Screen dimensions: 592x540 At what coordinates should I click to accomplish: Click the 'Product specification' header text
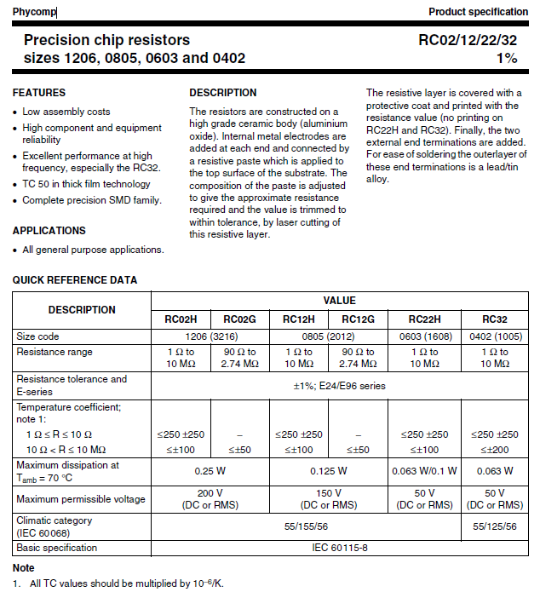pyautogui.click(x=478, y=12)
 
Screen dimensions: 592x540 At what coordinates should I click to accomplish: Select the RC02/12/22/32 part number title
pyautogui.click(x=467, y=40)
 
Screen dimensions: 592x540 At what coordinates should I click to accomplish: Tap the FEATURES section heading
pyautogui.click(x=39, y=92)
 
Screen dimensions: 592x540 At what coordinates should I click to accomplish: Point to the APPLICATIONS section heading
pyautogui.click(x=49, y=231)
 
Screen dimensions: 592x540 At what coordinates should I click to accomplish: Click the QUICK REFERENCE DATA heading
pyautogui.click(x=75, y=280)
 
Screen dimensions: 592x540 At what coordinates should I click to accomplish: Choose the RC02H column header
pyautogui.click(x=181, y=319)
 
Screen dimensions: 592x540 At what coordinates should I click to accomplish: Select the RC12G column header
pyautogui.click(x=358, y=319)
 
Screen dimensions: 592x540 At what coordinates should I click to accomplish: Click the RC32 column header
pyautogui.click(x=494, y=319)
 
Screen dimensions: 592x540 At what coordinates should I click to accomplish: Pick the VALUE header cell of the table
pyautogui.click(x=339, y=301)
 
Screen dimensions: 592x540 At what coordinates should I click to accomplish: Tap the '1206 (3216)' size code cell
pyautogui.click(x=210, y=336)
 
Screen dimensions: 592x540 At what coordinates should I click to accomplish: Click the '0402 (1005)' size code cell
pyautogui.click(x=494, y=336)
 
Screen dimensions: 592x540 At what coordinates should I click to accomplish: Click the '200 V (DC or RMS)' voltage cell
pyautogui.click(x=210, y=499)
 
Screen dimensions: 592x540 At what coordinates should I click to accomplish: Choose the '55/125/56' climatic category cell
pyautogui.click(x=494, y=527)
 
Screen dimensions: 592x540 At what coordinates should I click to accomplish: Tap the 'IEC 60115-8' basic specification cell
pyautogui.click(x=339, y=548)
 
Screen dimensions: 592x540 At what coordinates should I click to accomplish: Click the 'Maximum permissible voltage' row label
pyautogui.click(x=81, y=499)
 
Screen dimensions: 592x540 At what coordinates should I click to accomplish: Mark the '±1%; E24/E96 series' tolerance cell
pyautogui.click(x=339, y=385)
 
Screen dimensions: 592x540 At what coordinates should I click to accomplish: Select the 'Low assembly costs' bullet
pyautogui.click(x=66, y=112)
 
